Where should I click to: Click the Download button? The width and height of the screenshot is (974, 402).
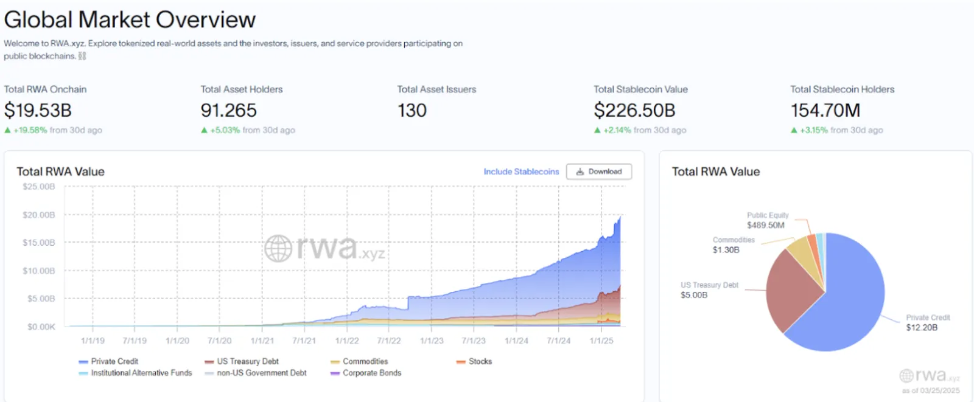tap(599, 172)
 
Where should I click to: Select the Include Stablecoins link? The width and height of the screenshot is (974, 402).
tap(521, 172)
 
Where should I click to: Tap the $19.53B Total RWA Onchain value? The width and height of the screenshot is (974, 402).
tap(38, 110)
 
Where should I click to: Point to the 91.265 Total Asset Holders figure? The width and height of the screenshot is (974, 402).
tap(229, 110)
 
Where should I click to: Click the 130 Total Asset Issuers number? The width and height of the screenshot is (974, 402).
tap(412, 110)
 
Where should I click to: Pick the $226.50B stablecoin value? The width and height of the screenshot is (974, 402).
tap(634, 110)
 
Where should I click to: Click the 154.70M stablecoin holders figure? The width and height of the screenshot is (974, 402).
tap(825, 110)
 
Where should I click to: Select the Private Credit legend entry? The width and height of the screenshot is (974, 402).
tap(108, 361)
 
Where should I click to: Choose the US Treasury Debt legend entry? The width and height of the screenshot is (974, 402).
tap(241, 361)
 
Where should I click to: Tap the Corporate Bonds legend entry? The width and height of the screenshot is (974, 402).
tap(366, 373)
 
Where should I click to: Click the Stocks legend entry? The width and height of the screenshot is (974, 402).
tap(474, 361)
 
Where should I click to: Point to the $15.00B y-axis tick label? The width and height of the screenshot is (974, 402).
tap(39, 243)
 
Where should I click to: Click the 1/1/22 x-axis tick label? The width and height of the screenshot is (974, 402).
tap(346, 341)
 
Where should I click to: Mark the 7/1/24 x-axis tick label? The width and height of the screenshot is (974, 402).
tap(558, 341)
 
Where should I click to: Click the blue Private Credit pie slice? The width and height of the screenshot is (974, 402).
tap(848, 304)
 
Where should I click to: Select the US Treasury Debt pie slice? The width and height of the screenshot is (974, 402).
tap(791, 291)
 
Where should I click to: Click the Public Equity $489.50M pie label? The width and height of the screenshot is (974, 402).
tap(768, 220)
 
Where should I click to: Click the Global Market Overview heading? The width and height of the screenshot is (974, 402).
tap(130, 19)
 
